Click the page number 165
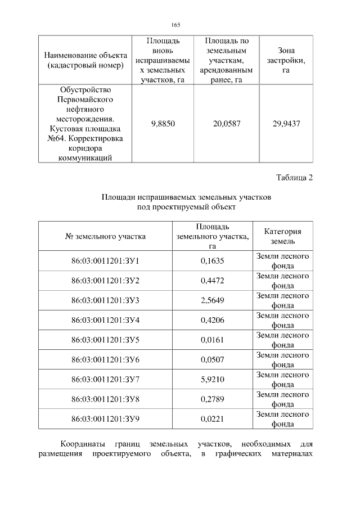click(x=175, y=24)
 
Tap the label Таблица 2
click(x=294, y=178)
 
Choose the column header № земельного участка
click(x=105, y=236)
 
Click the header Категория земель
click(x=282, y=236)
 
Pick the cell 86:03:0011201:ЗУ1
click(x=105, y=261)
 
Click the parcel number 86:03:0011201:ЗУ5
click(x=105, y=340)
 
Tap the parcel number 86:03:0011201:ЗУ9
click(x=105, y=419)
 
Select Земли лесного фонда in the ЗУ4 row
click(x=282, y=320)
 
